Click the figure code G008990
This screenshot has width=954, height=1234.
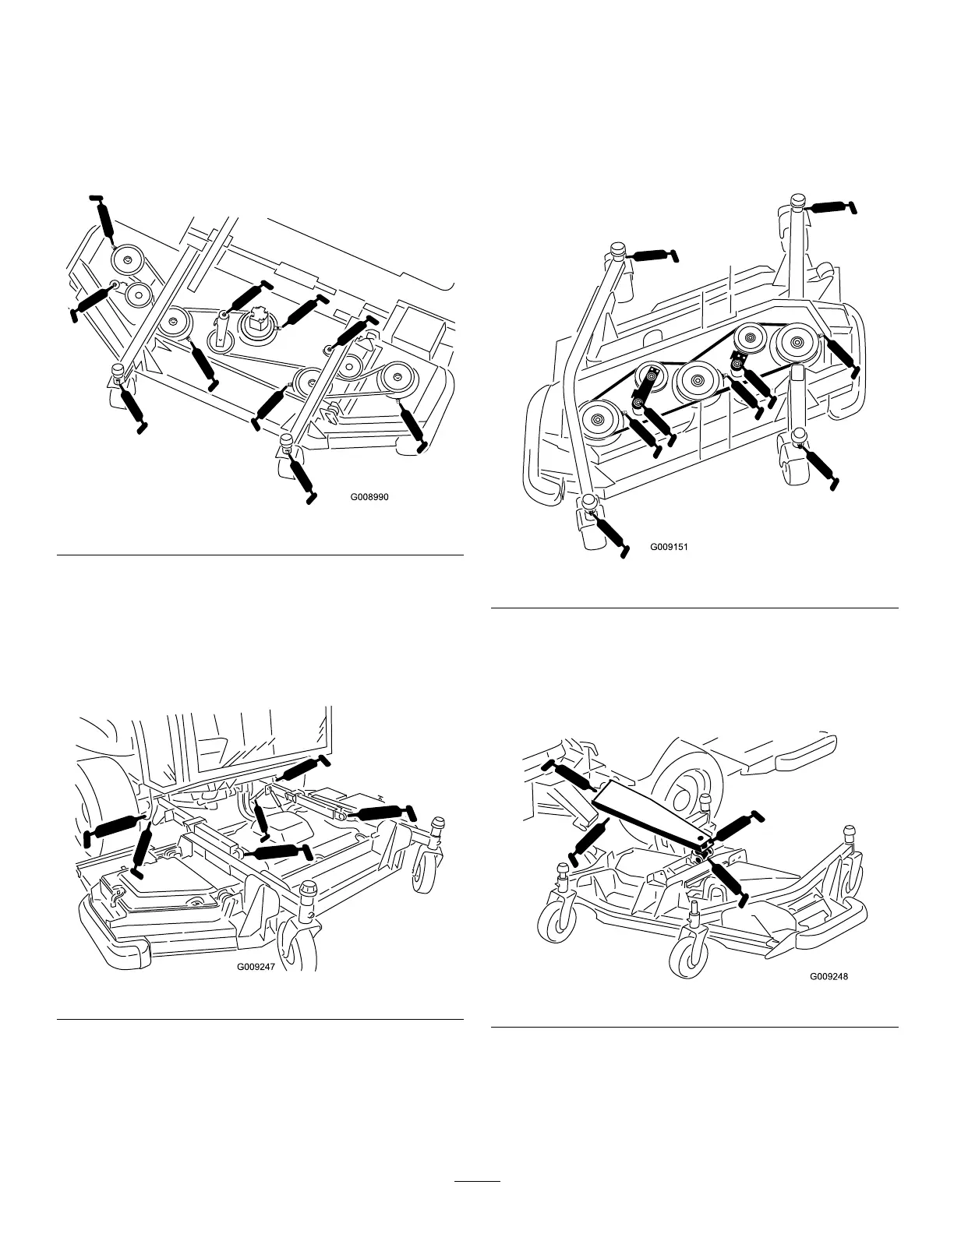click(x=369, y=496)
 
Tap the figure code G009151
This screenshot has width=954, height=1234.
click(x=669, y=547)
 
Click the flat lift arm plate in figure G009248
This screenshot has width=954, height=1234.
click(x=654, y=814)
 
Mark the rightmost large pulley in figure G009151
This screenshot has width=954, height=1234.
click(x=795, y=341)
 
